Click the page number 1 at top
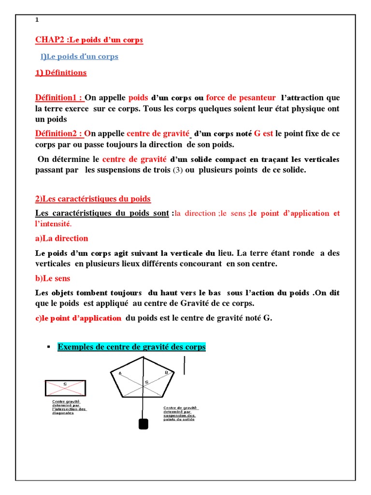(37, 20)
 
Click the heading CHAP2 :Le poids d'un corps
(89, 40)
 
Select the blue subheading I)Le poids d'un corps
(79, 57)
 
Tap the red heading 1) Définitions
(61, 73)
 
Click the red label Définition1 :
(59, 98)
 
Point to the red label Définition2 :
(59, 133)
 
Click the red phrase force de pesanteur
(241, 98)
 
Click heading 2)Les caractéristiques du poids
(93, 199)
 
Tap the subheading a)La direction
(62, 238)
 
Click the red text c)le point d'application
(78, 318)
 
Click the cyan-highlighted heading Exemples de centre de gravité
(131, 347)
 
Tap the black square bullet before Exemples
(48, 347)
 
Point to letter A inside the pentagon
(120, 373)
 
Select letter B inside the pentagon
(166, 372)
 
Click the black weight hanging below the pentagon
(143, 423)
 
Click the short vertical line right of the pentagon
(184, 364)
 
